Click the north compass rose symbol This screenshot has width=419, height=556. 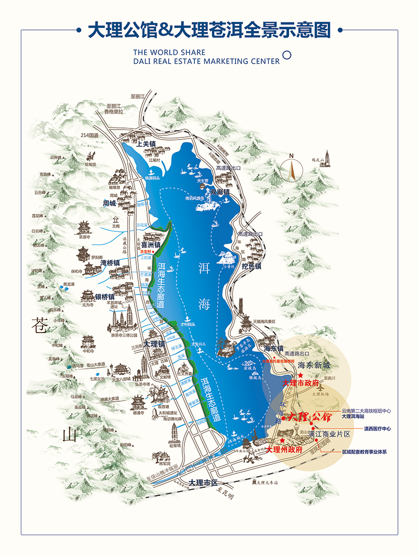[292, 169]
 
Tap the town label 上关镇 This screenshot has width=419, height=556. [146, 143]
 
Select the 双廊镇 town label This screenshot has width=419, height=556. [220, 192]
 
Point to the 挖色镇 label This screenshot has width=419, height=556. [251, 266]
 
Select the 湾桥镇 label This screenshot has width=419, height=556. [110, 262]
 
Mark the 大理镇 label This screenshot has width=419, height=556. [155, 344]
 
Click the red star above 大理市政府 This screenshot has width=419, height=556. [301, 376]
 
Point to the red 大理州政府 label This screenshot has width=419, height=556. [284, 450]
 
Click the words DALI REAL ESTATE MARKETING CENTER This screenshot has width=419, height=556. [206, 61]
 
